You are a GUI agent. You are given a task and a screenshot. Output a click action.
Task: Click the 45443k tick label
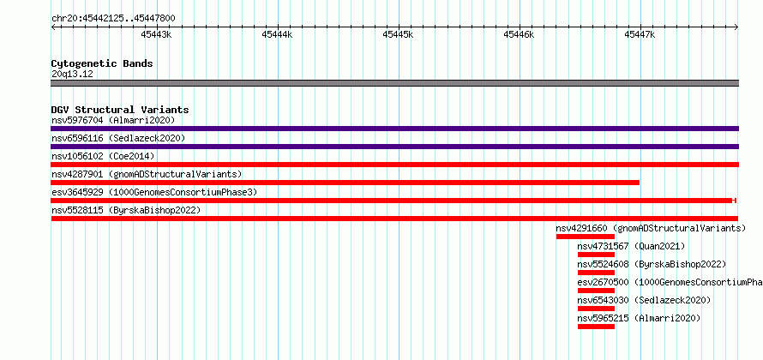[x=156, y=34]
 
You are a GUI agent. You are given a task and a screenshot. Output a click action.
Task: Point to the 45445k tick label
[x=398, y=34]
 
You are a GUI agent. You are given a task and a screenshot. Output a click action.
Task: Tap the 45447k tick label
[x=640, y=34]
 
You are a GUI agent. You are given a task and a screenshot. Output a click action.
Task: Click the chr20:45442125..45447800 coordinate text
[x=113, y=19]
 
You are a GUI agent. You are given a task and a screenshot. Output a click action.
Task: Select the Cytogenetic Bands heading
[x=102, y=63]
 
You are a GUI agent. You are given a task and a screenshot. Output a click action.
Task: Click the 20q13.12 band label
[x=72, y=75]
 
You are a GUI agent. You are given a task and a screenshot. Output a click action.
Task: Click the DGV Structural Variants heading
[x=120, y=110]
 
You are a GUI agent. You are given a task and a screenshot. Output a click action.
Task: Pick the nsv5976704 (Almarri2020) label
[x=113, y=120]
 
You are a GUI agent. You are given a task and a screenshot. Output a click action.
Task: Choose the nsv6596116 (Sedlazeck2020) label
[x=118, y=138]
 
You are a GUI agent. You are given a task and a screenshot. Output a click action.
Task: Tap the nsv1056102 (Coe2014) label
[x=103, y=156]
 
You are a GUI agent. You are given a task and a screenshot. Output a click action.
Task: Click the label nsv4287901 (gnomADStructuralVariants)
[x=147, y=174]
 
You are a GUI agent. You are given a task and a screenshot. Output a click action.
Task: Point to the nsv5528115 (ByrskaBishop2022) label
[x=126, y=210]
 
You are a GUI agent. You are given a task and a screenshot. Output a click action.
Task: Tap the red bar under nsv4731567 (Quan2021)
[x=596, y=255]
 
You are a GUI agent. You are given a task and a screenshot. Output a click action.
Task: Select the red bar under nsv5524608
[x=596, y=273]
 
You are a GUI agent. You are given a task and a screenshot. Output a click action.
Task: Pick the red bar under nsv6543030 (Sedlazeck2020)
[x=596, y=309]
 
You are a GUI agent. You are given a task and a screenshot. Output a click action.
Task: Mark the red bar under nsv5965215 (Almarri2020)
[x=596, y=327]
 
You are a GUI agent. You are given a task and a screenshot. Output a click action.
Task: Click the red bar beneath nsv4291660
[x=586, y=237]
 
